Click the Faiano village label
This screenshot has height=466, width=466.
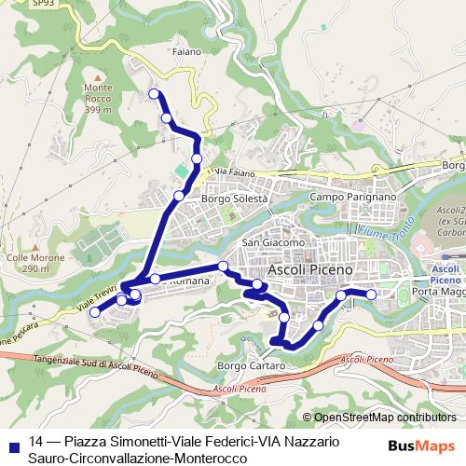click(186, 51)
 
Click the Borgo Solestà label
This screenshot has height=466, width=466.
click(235, 199)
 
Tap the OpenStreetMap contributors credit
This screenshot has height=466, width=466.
click(384, 418)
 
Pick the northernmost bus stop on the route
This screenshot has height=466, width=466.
click(154, 93)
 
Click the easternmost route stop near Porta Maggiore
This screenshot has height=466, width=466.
click(371, 295)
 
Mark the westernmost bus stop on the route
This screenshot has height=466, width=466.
click(94, 312)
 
